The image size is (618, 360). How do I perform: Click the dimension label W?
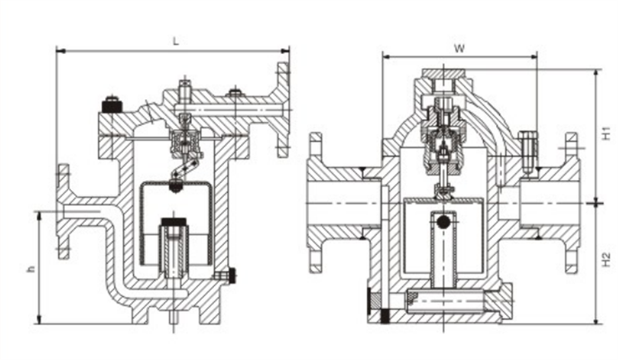point(459,48)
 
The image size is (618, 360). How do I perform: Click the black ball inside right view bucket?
point(443,223)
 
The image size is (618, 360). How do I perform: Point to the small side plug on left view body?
point(226,274)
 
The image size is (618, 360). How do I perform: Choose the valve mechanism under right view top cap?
point(443,139)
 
